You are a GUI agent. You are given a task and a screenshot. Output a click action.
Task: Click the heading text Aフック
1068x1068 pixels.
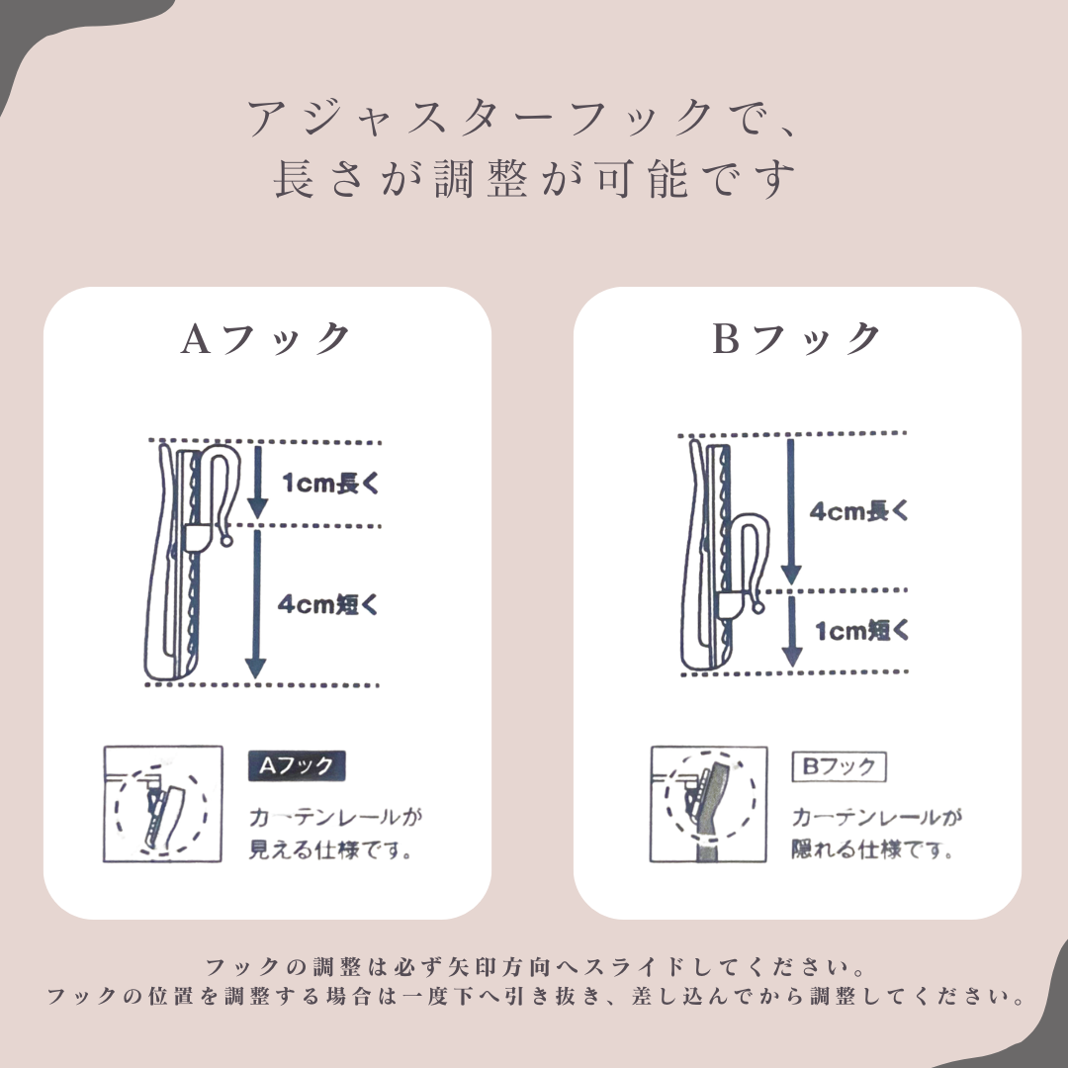tap(266, 338)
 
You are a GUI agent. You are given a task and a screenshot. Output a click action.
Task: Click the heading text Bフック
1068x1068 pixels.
tap(796, 338)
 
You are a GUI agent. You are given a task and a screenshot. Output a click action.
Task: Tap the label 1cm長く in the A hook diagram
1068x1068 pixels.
tap(330, 483)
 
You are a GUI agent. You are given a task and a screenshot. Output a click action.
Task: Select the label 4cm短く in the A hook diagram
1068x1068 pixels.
tap(327, 604)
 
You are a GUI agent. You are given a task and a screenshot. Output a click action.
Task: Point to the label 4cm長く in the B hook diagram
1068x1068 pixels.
tap(859, 511)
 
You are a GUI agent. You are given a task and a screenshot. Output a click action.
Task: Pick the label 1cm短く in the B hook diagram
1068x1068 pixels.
tap(862, 631)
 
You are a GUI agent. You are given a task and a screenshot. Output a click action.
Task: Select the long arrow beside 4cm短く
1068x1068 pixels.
tap(255, 604)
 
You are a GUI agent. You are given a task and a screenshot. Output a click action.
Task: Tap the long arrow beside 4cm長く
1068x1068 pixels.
tap(790, 511)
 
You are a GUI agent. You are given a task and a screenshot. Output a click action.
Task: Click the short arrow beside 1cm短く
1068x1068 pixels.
tap(791, 631)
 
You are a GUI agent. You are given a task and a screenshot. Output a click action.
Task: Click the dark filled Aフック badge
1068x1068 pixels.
tap(297, 766)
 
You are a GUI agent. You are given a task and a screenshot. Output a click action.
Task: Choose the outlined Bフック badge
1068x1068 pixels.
tap(840, 767)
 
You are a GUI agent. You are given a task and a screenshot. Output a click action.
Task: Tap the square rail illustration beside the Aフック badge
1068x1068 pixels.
tap(163, 804)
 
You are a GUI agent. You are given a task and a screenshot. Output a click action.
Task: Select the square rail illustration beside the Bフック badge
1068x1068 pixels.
tap(708, 804)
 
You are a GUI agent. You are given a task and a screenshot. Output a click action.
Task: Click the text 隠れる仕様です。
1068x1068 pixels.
tap(871, 849)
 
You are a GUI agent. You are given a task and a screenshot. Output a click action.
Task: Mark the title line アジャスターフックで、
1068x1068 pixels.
tap(521, 117)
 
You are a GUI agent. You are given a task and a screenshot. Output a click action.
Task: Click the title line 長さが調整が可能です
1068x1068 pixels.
tap(534, 178)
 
